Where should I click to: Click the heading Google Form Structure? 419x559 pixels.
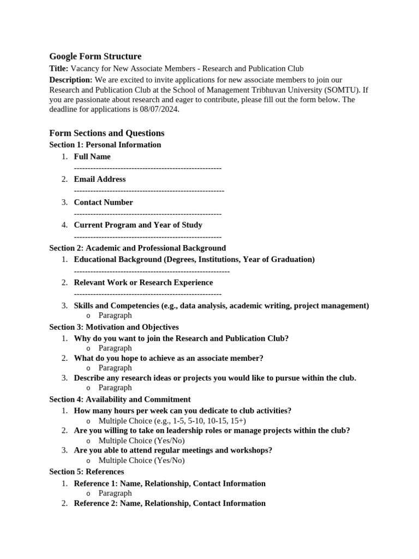point(95,56)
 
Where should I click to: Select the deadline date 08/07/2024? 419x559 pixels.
point(159,109)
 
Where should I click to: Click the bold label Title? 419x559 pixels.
point(59,68)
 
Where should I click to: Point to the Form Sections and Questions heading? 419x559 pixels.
point(106,133)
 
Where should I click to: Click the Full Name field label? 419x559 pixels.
point(92,157)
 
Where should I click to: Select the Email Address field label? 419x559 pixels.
point(100,179)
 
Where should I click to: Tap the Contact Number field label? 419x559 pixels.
point(103,202)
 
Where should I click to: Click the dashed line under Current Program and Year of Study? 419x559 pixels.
point(147,237)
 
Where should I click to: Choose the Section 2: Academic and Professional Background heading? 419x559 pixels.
point(137,248)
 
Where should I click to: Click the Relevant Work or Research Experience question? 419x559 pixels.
point(143,282)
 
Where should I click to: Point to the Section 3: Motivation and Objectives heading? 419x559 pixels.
point(114,327)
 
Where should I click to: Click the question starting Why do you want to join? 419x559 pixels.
point(181,338)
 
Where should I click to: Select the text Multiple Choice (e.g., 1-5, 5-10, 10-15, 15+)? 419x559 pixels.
point(172,421)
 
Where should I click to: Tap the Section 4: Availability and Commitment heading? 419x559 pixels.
point(120,399)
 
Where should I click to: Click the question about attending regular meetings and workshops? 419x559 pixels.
point(173,450)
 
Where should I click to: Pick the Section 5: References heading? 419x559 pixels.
point(87,471)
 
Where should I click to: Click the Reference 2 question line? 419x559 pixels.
point(170,503)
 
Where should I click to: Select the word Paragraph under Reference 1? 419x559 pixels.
point(115,493)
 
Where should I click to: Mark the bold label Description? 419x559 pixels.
point(70,80)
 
